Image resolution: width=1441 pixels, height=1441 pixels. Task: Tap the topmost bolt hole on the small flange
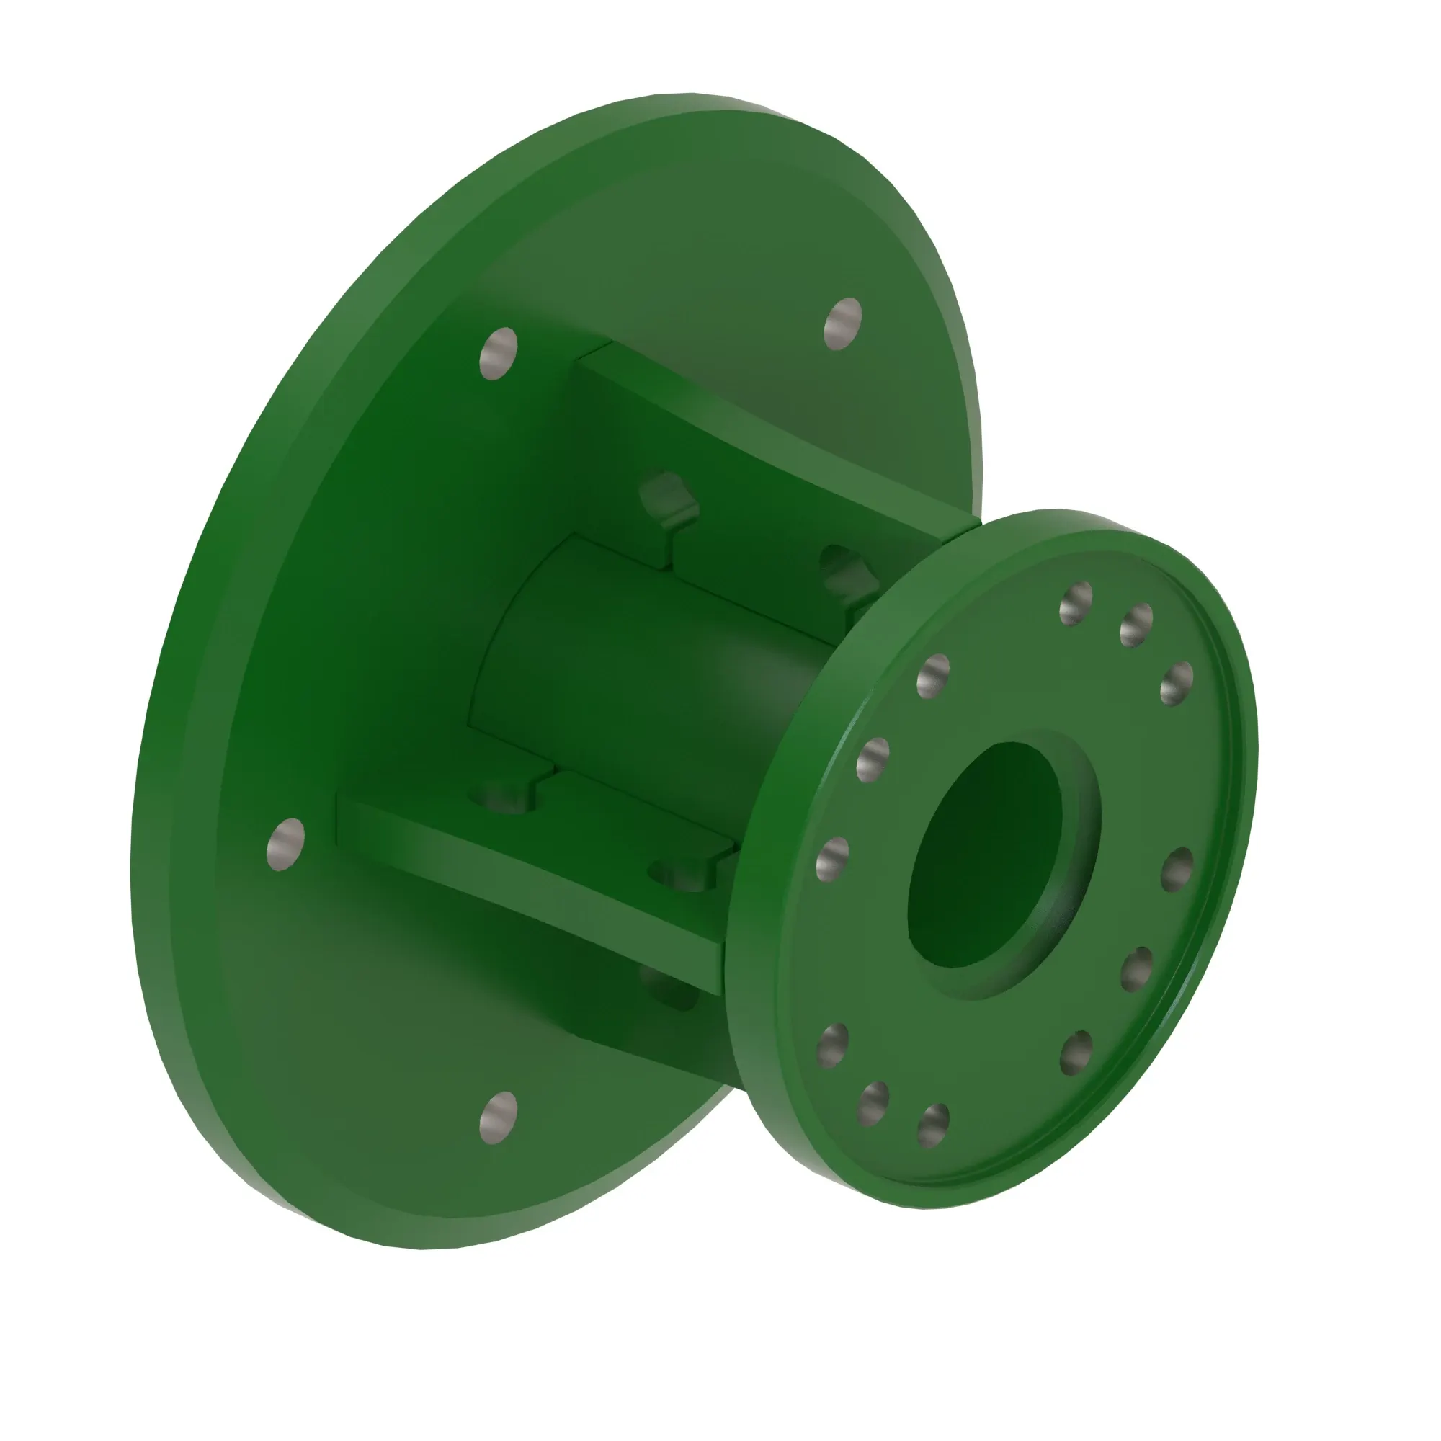click(1076, 602)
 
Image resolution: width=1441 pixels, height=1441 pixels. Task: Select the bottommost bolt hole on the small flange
click(932, 1125)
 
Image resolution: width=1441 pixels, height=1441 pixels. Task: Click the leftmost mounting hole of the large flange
click(285, 844)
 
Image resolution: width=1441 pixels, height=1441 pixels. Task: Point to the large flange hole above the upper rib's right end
click(843, 323)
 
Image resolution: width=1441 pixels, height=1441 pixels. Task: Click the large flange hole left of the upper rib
click(499, 353)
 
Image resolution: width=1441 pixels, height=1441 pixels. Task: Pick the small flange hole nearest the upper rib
click(932, 676)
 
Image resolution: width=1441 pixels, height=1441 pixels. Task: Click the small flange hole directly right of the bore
click(1177, 870)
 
